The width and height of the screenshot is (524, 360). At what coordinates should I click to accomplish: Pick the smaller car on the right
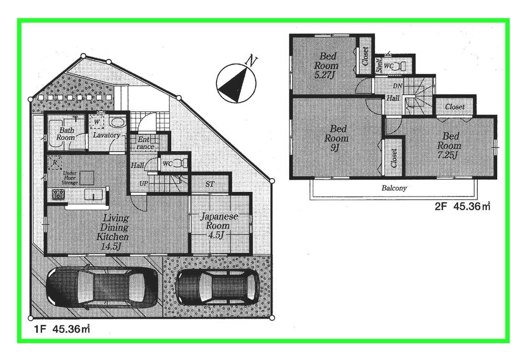point(217,287)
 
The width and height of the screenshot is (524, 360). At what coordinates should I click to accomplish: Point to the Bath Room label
point(66,134)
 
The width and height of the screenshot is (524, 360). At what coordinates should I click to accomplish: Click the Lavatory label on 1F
point(107,135)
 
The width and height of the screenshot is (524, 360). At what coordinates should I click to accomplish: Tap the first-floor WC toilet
point(178,163)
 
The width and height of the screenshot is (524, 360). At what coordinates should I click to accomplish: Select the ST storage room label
point(210,184)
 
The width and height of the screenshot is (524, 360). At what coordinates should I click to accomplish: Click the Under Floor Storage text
point(71,178)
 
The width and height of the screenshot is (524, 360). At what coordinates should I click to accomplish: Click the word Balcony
point(394,188)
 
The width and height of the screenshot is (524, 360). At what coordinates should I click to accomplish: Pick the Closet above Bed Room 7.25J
point(454,106)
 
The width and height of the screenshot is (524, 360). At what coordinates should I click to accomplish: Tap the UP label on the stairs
point(143,183)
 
